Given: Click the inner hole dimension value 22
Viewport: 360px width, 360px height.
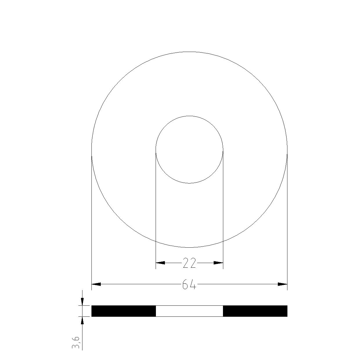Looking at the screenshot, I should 189,263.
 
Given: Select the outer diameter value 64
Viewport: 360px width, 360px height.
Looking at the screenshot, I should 189,284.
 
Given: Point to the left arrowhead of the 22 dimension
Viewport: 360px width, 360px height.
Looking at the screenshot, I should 160,263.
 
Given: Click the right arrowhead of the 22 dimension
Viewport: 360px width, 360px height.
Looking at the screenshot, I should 218,263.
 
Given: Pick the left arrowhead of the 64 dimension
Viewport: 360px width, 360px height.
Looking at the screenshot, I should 96,284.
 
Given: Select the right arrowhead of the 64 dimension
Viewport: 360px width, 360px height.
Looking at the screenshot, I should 282,284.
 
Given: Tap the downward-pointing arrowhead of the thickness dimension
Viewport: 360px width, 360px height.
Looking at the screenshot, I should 82,302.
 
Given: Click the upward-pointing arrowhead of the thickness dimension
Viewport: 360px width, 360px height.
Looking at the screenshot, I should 82,321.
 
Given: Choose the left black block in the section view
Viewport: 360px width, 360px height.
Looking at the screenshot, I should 124,311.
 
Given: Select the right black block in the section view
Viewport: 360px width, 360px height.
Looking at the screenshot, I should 255,311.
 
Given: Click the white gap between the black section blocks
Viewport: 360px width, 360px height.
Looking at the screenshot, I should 189,311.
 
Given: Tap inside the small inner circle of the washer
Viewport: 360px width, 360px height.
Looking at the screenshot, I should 189,150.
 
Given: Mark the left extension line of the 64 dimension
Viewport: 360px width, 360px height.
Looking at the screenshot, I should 91,221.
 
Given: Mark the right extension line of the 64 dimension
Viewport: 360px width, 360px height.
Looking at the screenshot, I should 287,221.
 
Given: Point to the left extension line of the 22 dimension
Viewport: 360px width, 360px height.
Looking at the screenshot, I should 156,209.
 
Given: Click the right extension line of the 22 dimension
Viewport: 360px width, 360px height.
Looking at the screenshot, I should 223,209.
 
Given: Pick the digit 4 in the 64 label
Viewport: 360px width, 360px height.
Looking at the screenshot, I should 193,285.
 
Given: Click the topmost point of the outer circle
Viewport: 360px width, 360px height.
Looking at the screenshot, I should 189,52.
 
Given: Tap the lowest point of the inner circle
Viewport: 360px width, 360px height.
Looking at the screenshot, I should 189,183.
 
